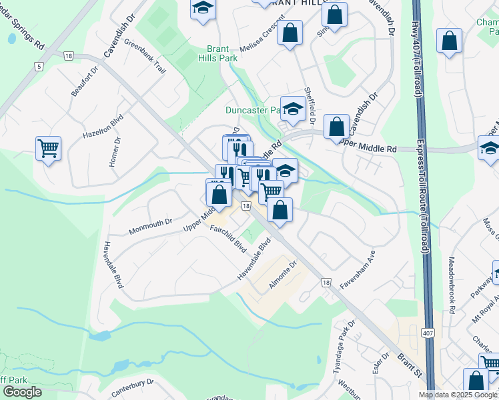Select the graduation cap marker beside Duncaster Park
[x=292, y=107]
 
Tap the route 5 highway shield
[x=39, y=66]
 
